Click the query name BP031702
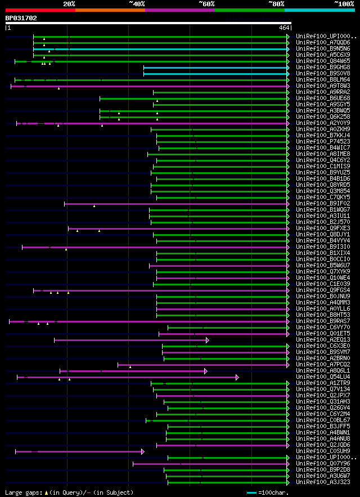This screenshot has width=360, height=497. click(x=21, y=18)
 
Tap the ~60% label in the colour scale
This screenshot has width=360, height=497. click(x=206, y=3)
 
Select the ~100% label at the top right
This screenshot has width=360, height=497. click(x=344, y=3)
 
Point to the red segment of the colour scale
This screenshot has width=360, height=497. click(x=40, y=10)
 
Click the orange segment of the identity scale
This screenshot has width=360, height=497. click(x=110, y=10)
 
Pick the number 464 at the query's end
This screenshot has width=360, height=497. click(x=283, y=27)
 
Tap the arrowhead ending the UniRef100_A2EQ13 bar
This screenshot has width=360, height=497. click(x=208, y=340)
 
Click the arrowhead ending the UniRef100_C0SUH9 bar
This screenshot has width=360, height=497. click(x=143, y=451)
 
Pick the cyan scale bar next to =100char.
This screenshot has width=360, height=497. click(x=251, y=493)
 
